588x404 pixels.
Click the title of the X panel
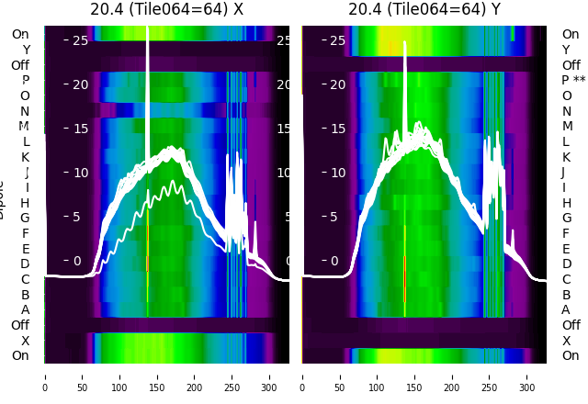166,9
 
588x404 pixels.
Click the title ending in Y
424,9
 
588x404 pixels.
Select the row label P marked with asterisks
573,81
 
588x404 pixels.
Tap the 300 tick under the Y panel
527,376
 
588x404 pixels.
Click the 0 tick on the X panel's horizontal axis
45,376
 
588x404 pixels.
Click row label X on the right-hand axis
567,341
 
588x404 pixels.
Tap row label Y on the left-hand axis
26,50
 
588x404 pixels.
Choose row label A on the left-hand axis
26,309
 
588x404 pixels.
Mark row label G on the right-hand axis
567,218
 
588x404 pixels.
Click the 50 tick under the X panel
83,376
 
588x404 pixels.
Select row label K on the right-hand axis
567,157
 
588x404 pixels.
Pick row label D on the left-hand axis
26,264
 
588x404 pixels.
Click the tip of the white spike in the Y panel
404,42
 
